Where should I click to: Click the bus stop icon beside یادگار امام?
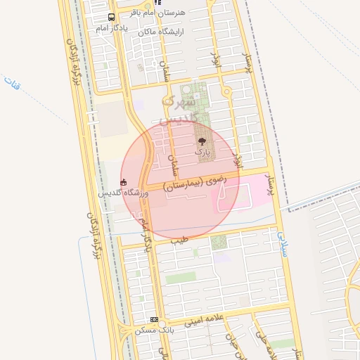coord(112,18)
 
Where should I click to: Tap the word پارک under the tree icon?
coord(202,152)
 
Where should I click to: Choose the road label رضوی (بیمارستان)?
coord(196,181)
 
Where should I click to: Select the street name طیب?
coord(179,240)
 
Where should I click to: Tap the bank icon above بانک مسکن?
coord(154,319)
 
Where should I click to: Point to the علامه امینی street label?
coord(203,321)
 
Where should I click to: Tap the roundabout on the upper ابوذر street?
coord(226,91)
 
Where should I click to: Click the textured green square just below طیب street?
coord(219,243)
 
